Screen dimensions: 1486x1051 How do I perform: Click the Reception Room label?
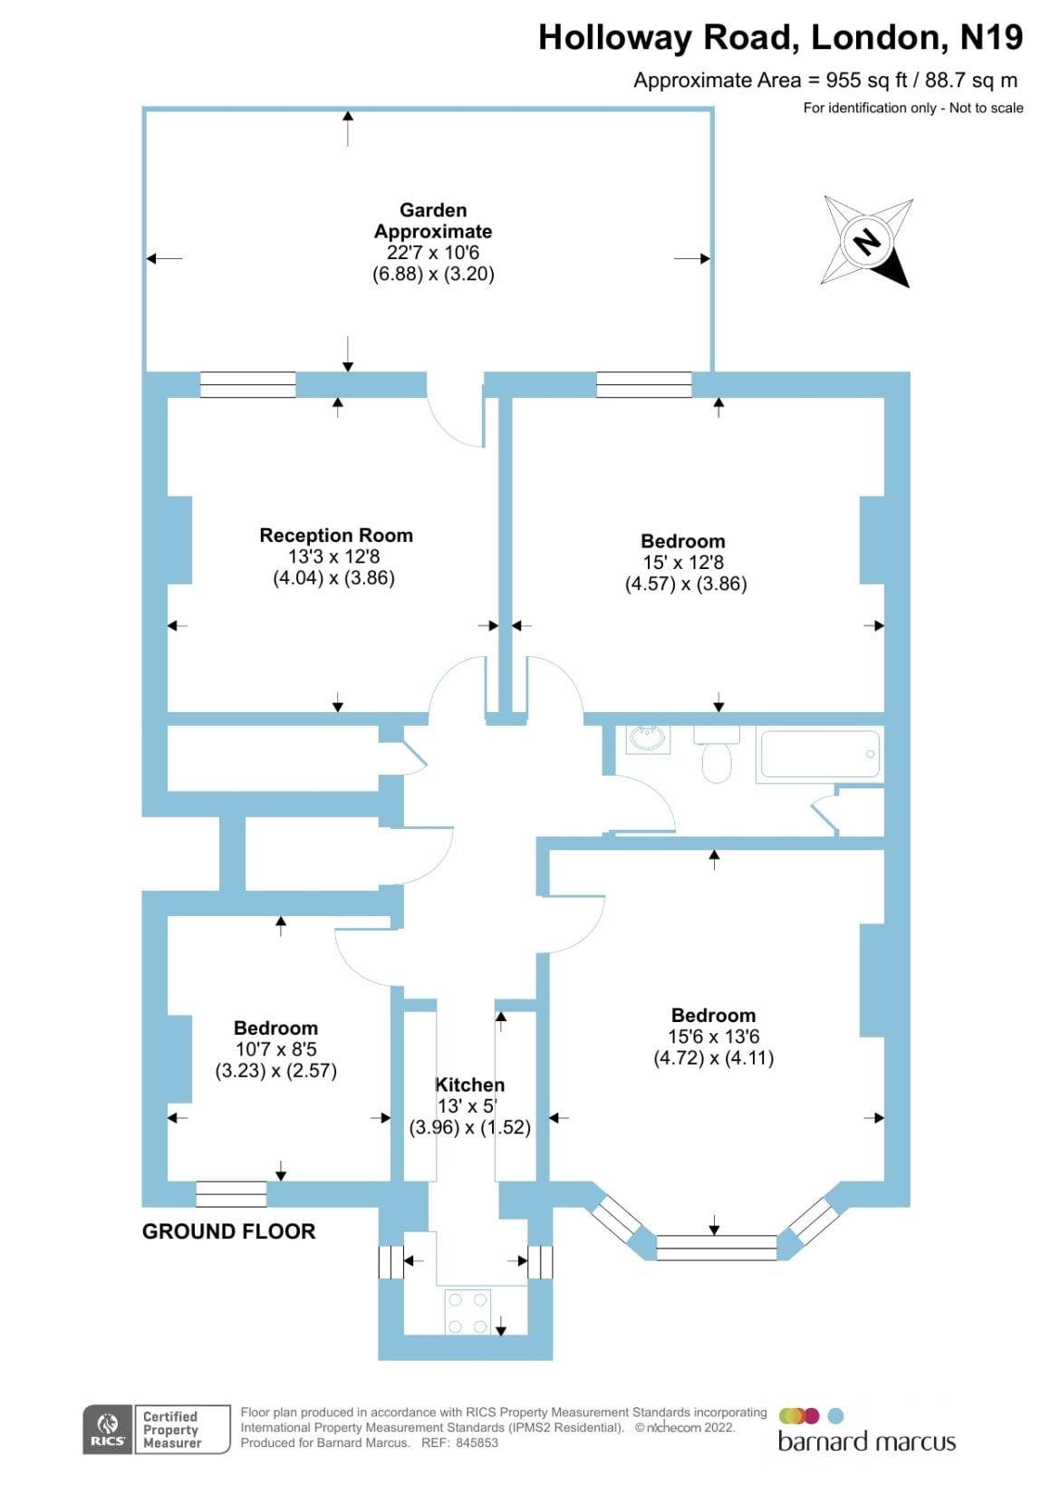click(336, 536)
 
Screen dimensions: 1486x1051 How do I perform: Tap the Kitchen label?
click(469, 1085)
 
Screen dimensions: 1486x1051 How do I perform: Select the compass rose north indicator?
click(866, 242)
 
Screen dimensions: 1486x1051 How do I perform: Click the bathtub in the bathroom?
click(820, 754)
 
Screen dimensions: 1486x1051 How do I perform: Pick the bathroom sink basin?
click(648, 738)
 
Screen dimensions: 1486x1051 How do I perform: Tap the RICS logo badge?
click(108, 1430)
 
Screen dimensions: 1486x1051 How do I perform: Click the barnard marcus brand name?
click(866, 1442)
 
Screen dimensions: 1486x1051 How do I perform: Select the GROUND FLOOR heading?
click(229, 1231)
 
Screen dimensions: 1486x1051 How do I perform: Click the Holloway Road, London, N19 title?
click(780, 38)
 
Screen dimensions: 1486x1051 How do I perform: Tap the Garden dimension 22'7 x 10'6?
click(433, 253)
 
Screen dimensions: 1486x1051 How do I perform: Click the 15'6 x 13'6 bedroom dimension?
click(714, 1037)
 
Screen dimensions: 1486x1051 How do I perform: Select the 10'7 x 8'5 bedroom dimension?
click(276, 1049)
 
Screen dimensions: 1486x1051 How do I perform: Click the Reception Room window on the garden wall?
click(248, 385)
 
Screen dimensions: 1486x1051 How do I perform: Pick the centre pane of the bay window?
click(717, 1248)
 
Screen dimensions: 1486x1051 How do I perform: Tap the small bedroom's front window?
click(232, 1194)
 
